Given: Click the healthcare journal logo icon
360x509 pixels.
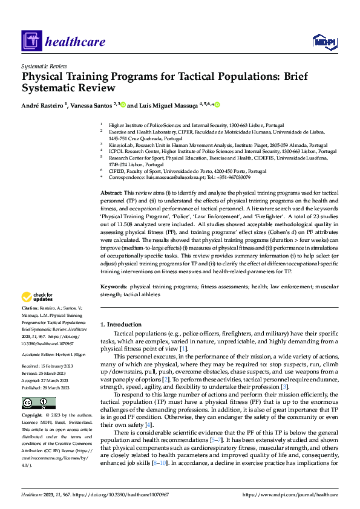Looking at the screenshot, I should click(x=31, y=41).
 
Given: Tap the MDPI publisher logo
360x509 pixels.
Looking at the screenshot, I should click(x=324, y=41).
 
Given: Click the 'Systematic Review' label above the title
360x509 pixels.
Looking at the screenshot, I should click(x=45, y=65).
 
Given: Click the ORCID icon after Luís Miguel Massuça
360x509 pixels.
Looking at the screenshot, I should click(x=217, y=105).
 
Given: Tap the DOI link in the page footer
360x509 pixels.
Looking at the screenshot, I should click(x=133, y=494).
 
